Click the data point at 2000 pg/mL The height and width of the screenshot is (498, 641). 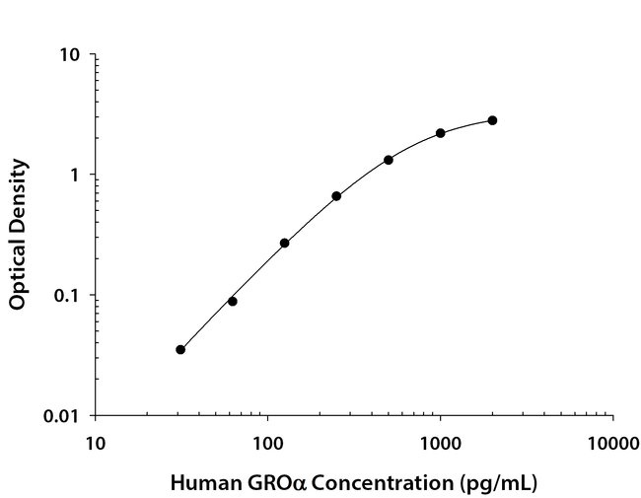(x=492, y=120)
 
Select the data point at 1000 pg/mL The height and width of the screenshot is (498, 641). (x=440, y=133)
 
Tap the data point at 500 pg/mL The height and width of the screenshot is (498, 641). (x=389, y=160)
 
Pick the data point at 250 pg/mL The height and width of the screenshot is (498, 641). (x=336, y=196)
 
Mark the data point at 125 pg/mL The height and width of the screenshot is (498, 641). (x=284, y=243)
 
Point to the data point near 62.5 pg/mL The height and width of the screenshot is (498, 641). (x=232, y=301)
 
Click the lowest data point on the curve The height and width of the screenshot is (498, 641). (x=180, y=349)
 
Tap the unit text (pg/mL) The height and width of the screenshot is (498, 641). (x=500, y=483)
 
